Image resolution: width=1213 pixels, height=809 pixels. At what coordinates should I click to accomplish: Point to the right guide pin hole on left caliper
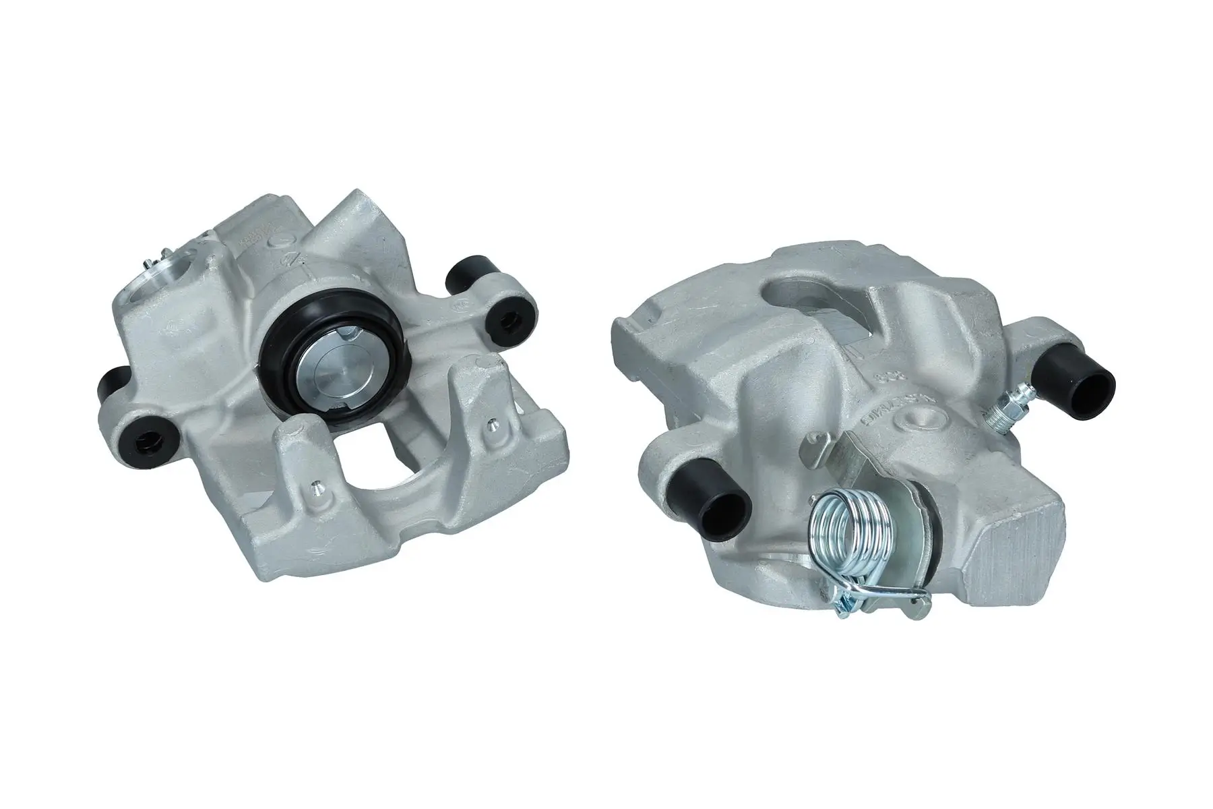point(506,317)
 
